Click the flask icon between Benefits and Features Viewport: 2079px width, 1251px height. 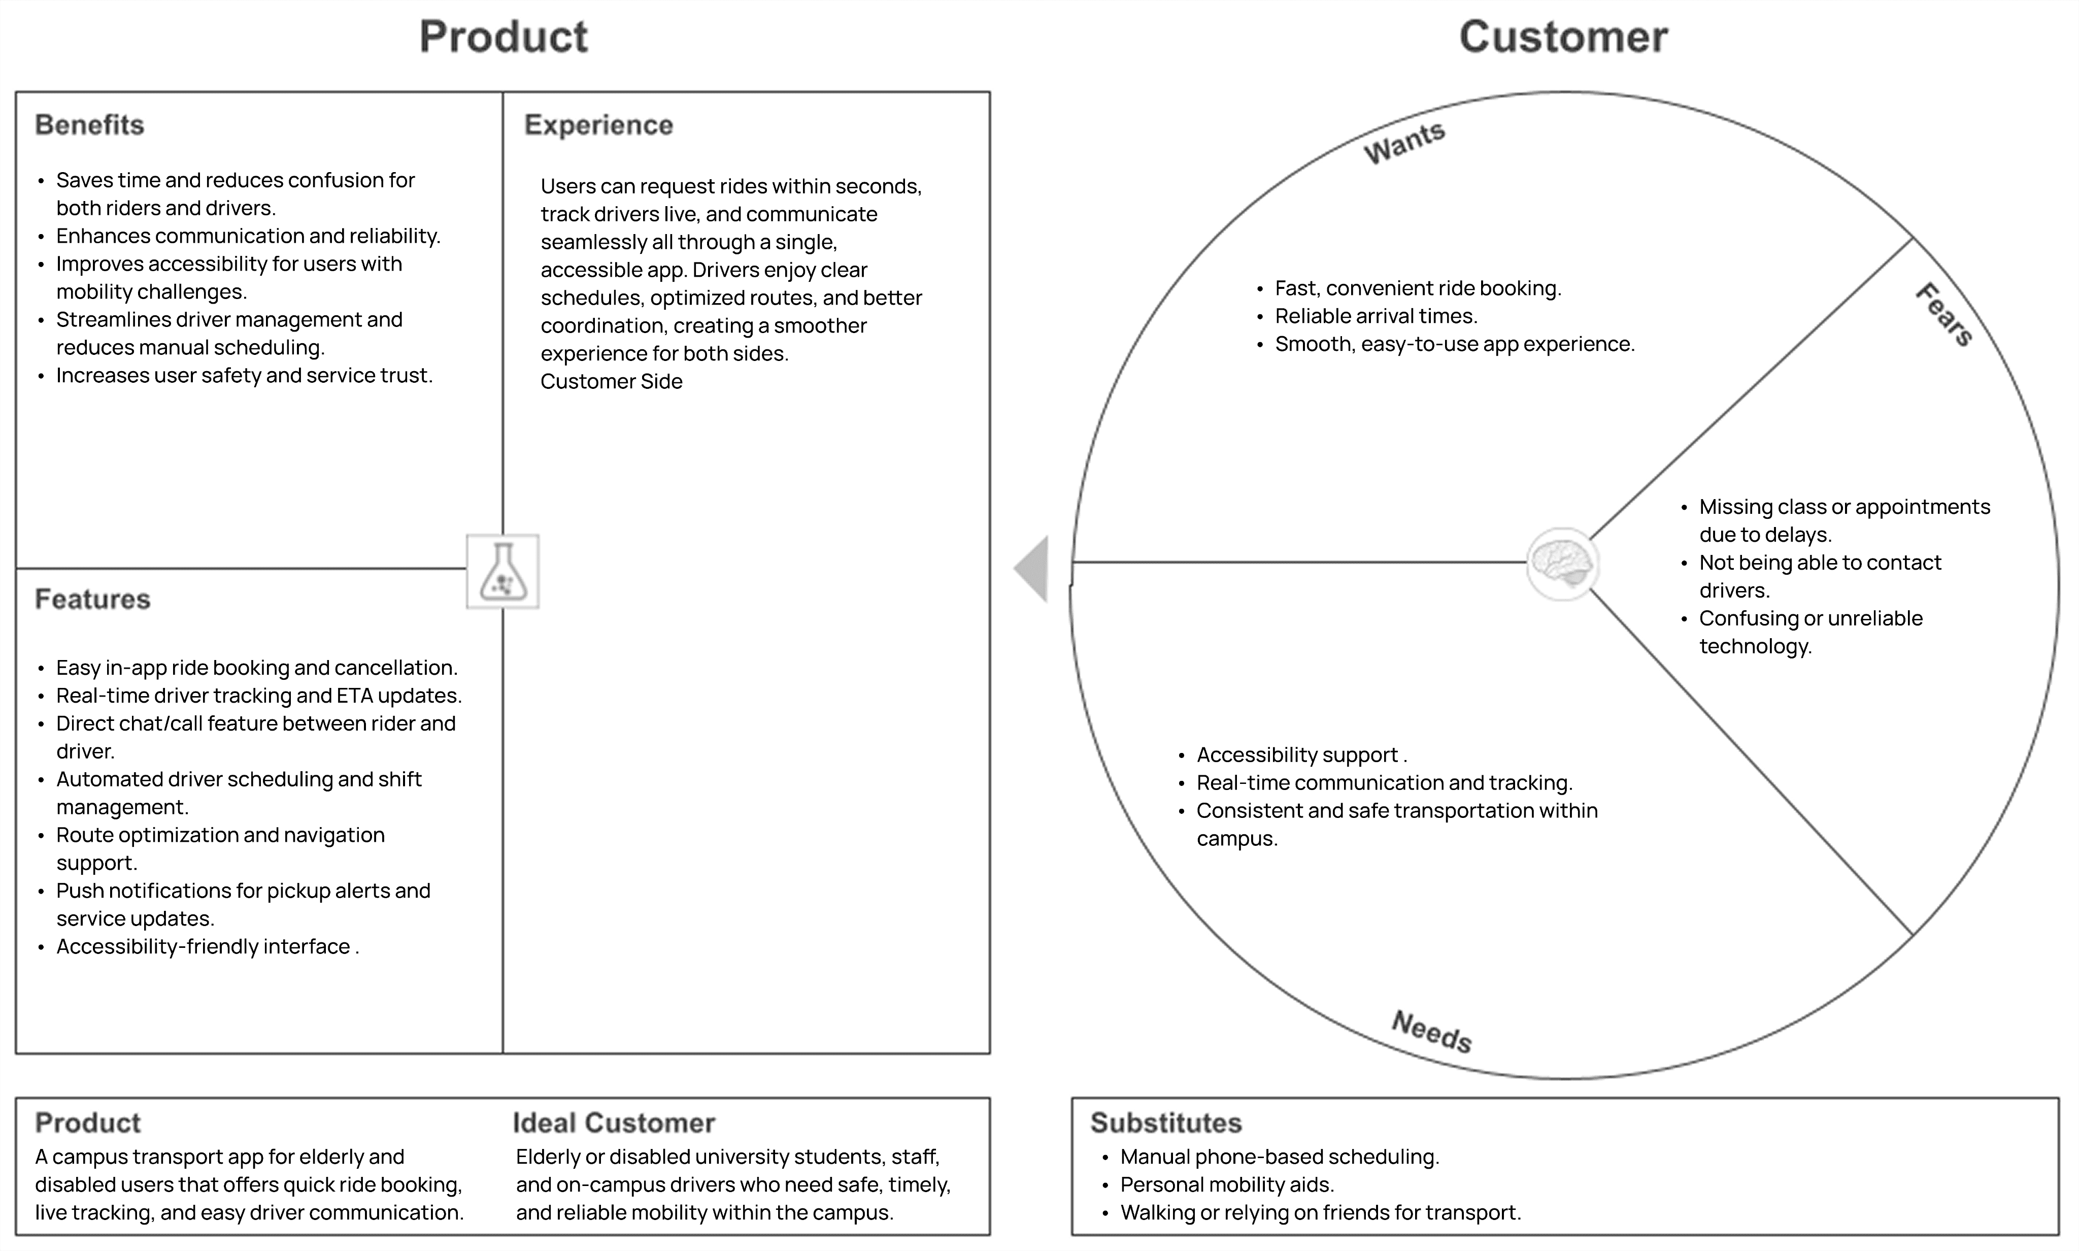503,572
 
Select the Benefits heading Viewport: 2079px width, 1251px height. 89,125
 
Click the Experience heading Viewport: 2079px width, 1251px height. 598,125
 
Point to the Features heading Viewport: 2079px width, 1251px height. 93,600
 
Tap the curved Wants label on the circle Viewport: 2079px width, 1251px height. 1405,143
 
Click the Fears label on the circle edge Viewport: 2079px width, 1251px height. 1944,314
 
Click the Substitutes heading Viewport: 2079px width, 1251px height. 1166,1123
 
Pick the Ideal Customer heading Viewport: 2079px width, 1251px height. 614,1123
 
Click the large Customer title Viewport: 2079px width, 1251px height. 1563,37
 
